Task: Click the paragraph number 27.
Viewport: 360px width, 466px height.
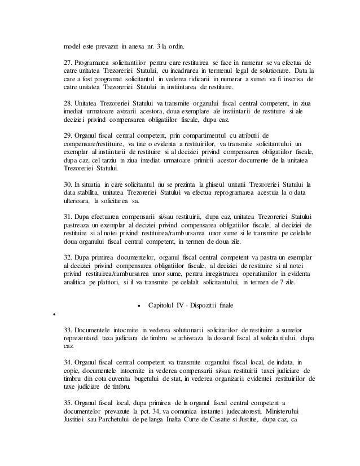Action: pyautogui.click(x=67, y=61)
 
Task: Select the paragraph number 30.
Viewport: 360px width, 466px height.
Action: pyautogui.click(x=67, y=184)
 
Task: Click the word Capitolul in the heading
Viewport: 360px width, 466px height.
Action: pyautogui.click(x=164, y=305)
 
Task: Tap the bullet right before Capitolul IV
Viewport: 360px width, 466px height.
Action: pyautogui.click(x=139, y=306)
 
